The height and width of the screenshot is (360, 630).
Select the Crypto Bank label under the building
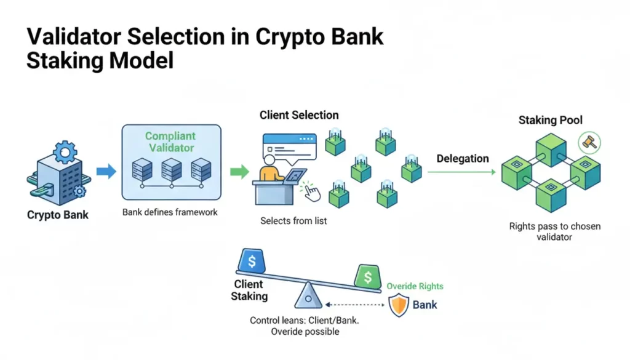coord(58,215)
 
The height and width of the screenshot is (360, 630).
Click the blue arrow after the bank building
coord(106,172)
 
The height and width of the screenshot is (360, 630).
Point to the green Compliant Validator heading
coord(170,142)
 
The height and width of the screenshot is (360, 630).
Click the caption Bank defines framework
coord(170,213)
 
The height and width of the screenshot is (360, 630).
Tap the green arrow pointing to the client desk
coord(239,172)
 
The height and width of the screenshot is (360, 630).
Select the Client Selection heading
coord(299,115)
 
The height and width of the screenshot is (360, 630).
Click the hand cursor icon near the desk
coord(312,192)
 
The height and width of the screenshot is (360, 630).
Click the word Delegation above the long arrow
coord(463,159)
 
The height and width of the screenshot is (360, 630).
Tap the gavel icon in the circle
coord(588,143)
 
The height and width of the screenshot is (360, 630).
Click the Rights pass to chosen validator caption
coord(554,231)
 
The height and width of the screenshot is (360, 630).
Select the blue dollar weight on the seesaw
coord(252,260)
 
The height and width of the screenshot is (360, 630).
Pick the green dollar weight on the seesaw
coord(367,276)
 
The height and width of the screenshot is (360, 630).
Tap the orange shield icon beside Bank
coord(399,305)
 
